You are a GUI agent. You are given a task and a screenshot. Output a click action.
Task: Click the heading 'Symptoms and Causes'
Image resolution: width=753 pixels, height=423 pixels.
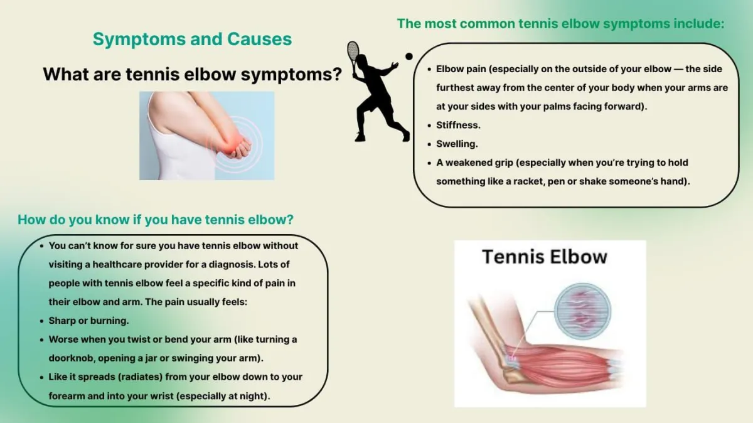pyautogui.click(x=192, y=39)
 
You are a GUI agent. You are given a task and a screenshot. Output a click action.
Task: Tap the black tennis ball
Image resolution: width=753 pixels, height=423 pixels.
pyautogui.click(x=409, y=56)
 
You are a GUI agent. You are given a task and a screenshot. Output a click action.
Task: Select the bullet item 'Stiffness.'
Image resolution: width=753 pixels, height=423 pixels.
pyautogui.click(x=458, y=125)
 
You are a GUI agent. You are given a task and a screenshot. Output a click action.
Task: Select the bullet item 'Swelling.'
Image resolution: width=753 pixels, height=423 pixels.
pyautogui.click(x=457, y=144)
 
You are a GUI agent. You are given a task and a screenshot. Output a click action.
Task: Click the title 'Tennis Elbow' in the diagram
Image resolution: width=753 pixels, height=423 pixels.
pyautogui.click(x=545, y=257)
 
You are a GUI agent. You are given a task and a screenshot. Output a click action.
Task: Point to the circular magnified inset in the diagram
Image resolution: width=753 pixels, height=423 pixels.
pyautogui.click(x=582, y=311)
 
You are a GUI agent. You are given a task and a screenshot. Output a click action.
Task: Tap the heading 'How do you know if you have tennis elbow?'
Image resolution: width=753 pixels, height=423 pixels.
pyautogui.click(x=156, y=220)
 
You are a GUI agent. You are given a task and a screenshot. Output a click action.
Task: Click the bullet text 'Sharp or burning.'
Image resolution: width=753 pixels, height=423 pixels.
pyautogui.click(x=88, y=321)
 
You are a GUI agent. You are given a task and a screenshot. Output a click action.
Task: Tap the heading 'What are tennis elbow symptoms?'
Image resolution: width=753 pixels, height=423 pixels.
pyautogui.click(x=192, y=74)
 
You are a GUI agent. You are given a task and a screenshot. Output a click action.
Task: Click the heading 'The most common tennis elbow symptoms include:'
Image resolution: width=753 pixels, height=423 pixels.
pyautogui.click(x=561, y=24)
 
